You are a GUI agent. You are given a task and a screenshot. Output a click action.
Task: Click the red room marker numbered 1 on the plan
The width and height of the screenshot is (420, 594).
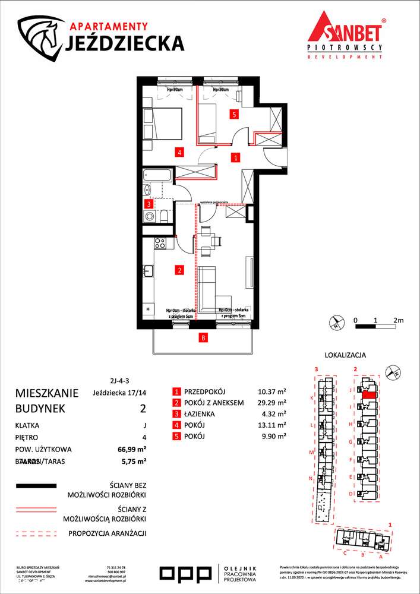click(x=236, y=158)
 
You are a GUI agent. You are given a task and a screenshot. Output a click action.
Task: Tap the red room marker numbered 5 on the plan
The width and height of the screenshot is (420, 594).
click(x=235, y=114)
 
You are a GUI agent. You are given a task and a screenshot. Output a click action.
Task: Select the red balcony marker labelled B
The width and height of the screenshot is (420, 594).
click(x=203, y=339)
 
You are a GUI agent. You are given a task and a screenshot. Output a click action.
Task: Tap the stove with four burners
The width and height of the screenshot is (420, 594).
click(x=159, y=242)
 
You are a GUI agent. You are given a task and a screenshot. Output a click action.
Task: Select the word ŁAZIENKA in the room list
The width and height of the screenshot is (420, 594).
click(x=202, y=414)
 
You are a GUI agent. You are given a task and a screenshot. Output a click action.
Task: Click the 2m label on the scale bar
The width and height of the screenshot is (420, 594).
click(x=397, y=320)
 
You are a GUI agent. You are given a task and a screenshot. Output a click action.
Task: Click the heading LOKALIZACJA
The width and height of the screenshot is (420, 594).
click(x=345, y=355)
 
